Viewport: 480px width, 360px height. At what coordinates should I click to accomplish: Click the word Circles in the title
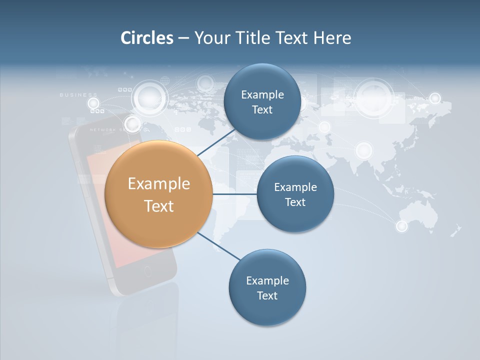point(146,38)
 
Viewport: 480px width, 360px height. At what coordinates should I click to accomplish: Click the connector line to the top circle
point(215,142)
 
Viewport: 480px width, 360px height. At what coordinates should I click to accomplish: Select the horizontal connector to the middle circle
point(234,194)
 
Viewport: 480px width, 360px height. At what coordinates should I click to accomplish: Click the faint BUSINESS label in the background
point(78,94)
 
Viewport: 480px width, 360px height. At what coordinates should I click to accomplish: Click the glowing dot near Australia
point(402,226)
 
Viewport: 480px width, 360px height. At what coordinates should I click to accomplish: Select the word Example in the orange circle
point(158,184)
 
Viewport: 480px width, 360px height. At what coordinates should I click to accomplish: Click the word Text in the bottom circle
point(267,295)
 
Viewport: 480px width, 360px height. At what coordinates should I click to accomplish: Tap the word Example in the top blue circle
point(262,95)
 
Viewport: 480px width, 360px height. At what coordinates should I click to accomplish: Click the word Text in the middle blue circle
point(295,202)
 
